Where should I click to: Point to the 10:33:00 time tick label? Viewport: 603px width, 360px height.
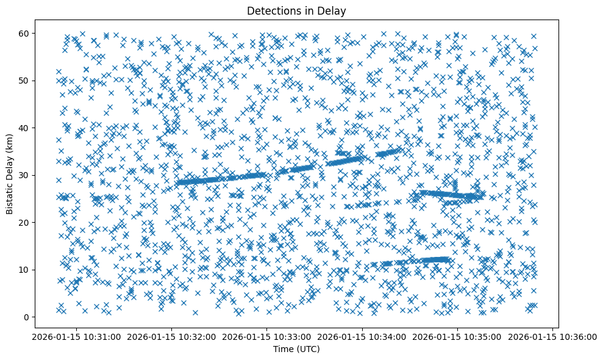coord(266,336)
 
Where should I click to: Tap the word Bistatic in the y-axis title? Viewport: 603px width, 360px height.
coord(10,195)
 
